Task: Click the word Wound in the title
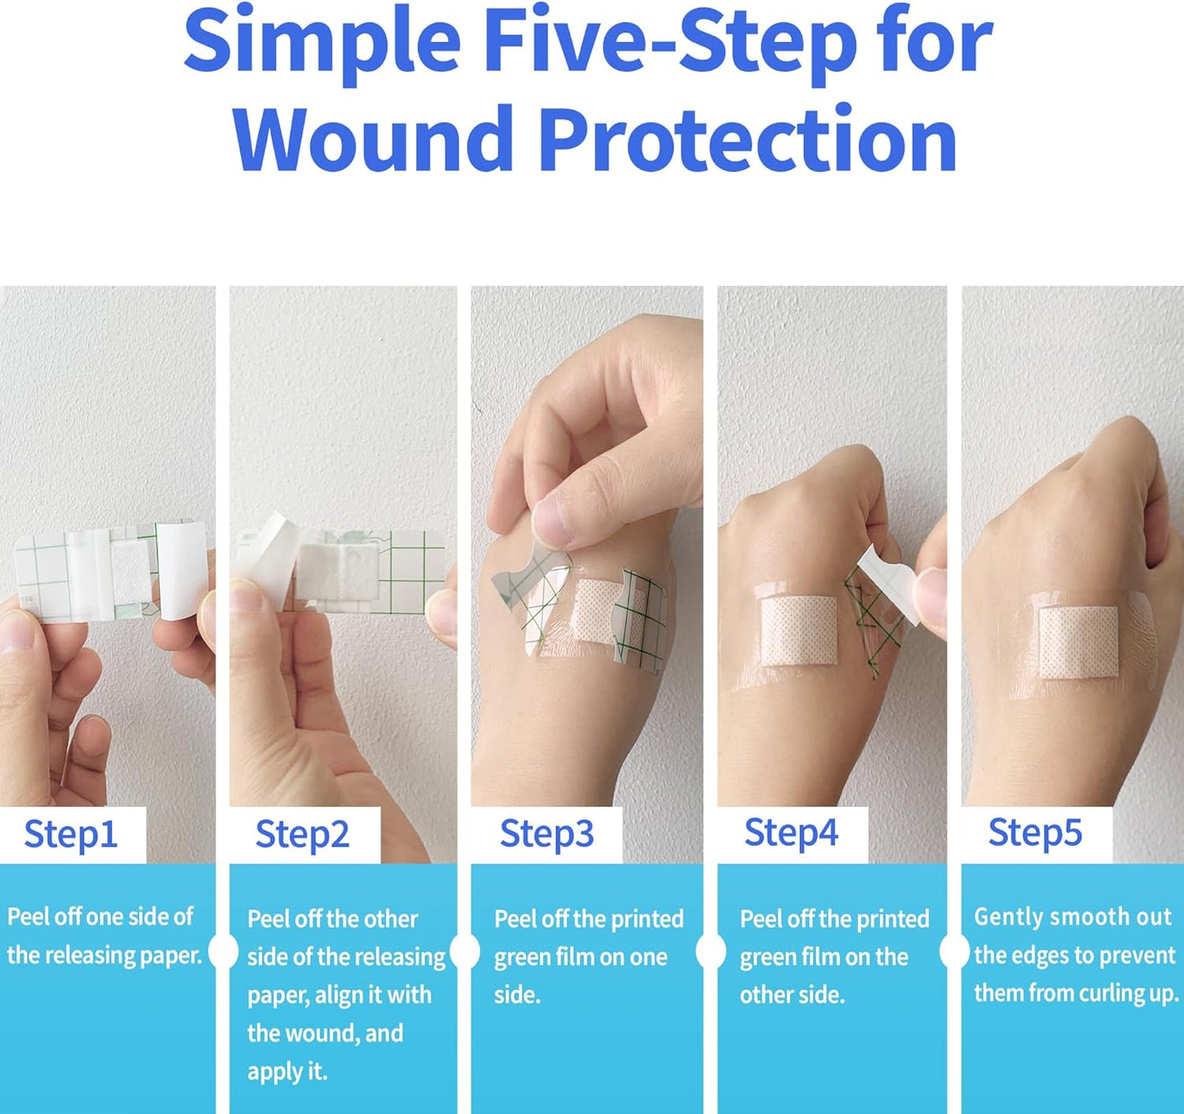click(x=374, y=139)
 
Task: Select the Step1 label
click(x=70, y=834)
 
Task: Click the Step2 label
click(x=302, y=834)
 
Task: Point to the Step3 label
click(x=547, y=834)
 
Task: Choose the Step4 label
click(x=791, y=833)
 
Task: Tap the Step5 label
click(x=1035, y=833)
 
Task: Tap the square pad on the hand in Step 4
click(x=798, y=630)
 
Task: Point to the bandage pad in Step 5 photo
click(x=1078, y=642)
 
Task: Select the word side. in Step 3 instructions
click(x=517, y=994)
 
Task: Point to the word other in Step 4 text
click(x=757, y=994)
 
